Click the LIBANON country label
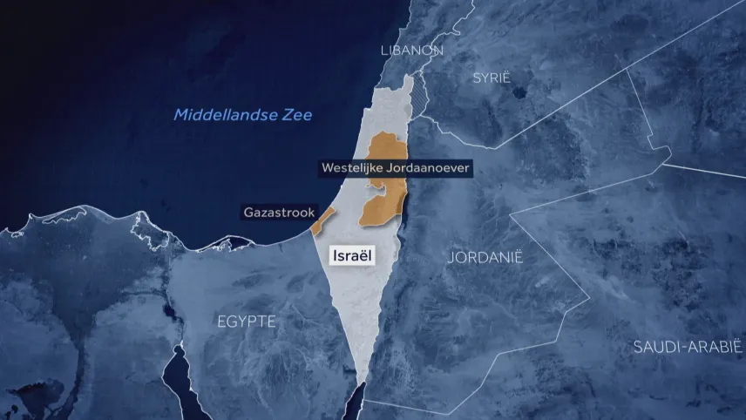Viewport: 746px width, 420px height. (x=411, y=51)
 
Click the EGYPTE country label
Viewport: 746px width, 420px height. (x=247, y=322)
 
